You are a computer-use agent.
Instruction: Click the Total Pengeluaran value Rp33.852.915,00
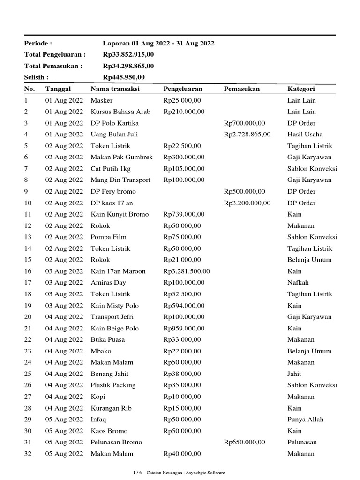coord(128,55)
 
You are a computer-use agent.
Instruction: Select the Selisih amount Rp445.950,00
coord(124,77)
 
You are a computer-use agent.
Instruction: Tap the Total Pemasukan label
coord(53,66)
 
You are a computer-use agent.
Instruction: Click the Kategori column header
coord(301,89)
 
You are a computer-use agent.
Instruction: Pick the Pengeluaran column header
coord(183,89)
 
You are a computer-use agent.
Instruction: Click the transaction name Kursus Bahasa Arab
coord(120,112)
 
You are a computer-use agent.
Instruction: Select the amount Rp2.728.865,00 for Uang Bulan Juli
coord(247,135)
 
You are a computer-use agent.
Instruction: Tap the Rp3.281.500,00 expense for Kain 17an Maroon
coord(187,271)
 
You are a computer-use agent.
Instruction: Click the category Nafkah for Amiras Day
coord(298,283)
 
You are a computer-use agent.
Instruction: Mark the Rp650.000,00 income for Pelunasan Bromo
coord(244,442)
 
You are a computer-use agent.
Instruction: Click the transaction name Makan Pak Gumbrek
coord(121,157)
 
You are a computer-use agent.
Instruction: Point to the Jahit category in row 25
coord(294,374)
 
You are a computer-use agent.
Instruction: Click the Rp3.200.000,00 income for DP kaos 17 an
coord(247,203)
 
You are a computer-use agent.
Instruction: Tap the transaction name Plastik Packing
coord(113,385)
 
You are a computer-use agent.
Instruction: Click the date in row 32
coord(64,454)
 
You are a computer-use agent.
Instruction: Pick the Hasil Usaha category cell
coord(305,135)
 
